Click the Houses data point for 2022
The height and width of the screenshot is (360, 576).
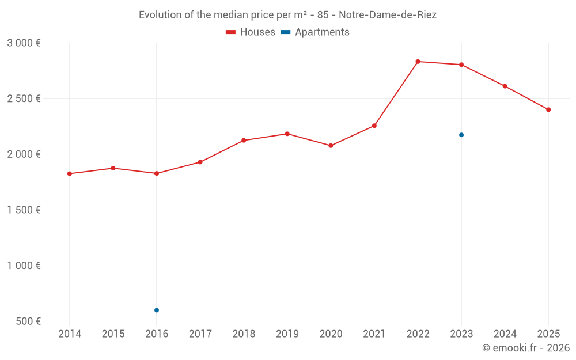[418, 62]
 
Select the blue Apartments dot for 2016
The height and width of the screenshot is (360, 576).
[157, 310]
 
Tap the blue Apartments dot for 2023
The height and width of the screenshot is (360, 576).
[461, 135]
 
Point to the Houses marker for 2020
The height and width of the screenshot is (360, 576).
[331, 146]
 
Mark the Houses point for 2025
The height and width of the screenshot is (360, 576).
[548, 109]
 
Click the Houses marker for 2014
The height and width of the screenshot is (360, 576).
[70, 173]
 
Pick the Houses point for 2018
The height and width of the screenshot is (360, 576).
[244, 141]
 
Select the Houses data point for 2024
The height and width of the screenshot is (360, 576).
[505, 86]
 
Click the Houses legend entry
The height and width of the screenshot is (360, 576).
[251, 32]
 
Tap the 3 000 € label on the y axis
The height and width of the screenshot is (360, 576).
[24, 43]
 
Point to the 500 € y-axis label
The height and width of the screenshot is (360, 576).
[28, 321]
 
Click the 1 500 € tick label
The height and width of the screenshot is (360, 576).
[24, 210]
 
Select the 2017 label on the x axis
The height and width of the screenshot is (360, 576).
[200, 334]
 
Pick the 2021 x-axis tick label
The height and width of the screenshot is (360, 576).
[374, 334]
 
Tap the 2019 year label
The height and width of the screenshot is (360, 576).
[287, 334]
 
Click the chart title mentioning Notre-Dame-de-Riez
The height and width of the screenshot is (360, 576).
[287, 15]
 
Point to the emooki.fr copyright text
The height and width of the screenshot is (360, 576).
[525, 348]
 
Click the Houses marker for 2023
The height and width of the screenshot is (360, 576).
[461, 65]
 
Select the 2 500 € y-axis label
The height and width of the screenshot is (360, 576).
[24, 98]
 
